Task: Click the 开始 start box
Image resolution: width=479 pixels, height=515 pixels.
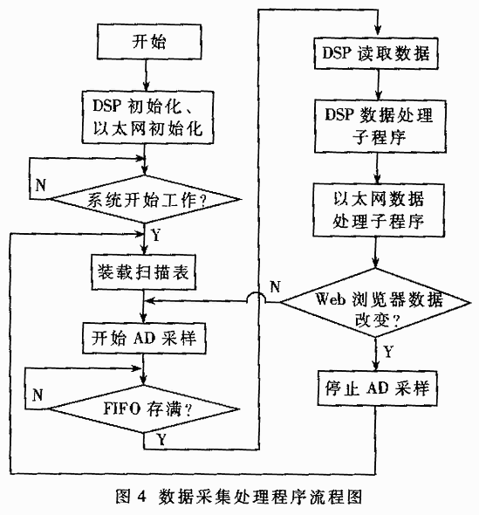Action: point(149,42)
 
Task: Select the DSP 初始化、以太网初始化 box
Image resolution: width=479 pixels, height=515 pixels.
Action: point(147,117)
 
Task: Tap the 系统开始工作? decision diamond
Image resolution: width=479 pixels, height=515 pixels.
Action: point(145,199)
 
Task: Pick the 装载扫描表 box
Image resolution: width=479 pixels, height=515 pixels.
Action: point(143,272)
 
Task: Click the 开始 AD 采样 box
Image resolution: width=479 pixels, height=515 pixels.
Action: point(144,338)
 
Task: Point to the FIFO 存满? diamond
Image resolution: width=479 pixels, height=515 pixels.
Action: point(143,409)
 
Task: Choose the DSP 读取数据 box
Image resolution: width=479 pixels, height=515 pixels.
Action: point(376,53)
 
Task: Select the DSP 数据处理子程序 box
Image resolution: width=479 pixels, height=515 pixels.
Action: point(380,126)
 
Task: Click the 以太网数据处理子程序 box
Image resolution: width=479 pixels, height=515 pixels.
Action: point(379,210)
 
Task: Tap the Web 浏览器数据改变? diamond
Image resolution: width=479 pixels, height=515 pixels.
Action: point(375,303)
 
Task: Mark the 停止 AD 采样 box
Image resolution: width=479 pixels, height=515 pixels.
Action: point(377,388)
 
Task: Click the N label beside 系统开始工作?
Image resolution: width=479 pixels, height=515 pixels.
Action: point(40,185)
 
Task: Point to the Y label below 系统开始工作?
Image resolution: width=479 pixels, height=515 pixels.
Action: point(156,235)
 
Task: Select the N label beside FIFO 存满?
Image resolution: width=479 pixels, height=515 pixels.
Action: point(38,395)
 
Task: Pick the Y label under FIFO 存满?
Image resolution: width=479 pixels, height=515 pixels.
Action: point(161,439)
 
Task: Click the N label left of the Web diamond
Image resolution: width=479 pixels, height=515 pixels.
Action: point(275,286)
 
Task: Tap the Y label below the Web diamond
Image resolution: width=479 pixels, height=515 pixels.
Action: point(388,352)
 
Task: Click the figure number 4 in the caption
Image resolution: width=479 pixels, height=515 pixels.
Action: point(140,496)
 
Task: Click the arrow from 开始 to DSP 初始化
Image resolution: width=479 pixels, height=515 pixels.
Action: point(146,75)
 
